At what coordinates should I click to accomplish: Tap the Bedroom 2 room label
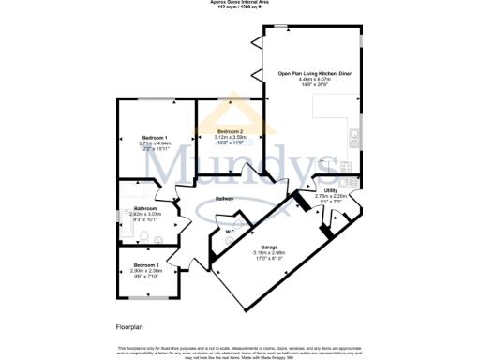tap(230, 130)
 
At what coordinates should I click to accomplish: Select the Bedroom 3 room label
tap(144, 265)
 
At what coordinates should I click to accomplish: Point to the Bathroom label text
tap(144, 208)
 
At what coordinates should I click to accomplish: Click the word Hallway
tap(224, 199)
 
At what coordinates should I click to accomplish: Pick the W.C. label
tap(230, 232)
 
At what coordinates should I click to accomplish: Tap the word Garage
tap(270, 247)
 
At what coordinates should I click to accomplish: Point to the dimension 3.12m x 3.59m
tap(230, 137)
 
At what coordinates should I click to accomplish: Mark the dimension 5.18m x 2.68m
tap(270, 252)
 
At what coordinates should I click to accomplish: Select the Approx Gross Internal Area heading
tap(240, 3)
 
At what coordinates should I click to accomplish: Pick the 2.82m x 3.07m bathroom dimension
tap(144, 215)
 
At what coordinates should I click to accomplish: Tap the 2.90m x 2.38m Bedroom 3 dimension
tap(144, 271)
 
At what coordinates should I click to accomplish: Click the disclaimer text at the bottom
tap(240, 350)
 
